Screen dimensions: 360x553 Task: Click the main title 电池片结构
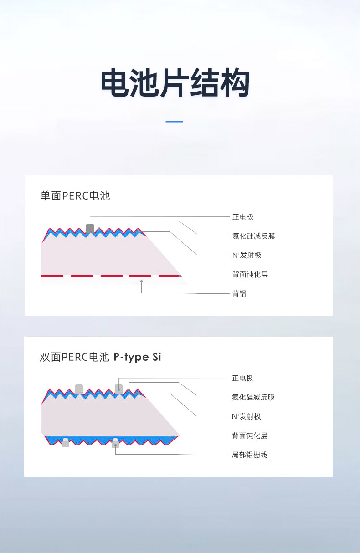175,83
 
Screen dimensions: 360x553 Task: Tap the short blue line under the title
174,122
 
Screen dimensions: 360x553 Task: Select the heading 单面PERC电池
75,196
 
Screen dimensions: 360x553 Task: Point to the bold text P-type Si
137,357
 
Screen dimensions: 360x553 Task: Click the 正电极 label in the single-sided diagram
242,217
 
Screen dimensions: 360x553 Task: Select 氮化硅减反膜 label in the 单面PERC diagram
253,236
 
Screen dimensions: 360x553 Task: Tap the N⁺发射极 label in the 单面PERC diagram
247,255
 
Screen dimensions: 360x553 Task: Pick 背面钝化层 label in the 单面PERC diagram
250,275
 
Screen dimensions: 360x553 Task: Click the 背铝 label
239,294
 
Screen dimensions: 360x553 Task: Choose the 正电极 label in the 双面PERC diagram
242,378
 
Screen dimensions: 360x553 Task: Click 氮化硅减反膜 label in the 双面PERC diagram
253,397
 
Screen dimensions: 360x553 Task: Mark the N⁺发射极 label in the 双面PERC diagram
247,416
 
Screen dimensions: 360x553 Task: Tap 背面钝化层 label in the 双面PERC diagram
250,436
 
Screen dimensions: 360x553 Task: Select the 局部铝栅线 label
250,455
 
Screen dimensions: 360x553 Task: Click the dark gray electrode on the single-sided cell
90,228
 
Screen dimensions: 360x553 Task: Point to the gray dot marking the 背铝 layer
142,282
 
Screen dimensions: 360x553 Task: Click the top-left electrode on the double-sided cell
79,389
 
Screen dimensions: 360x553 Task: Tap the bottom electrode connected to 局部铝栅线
115,443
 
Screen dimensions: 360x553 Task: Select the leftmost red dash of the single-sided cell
52,276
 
